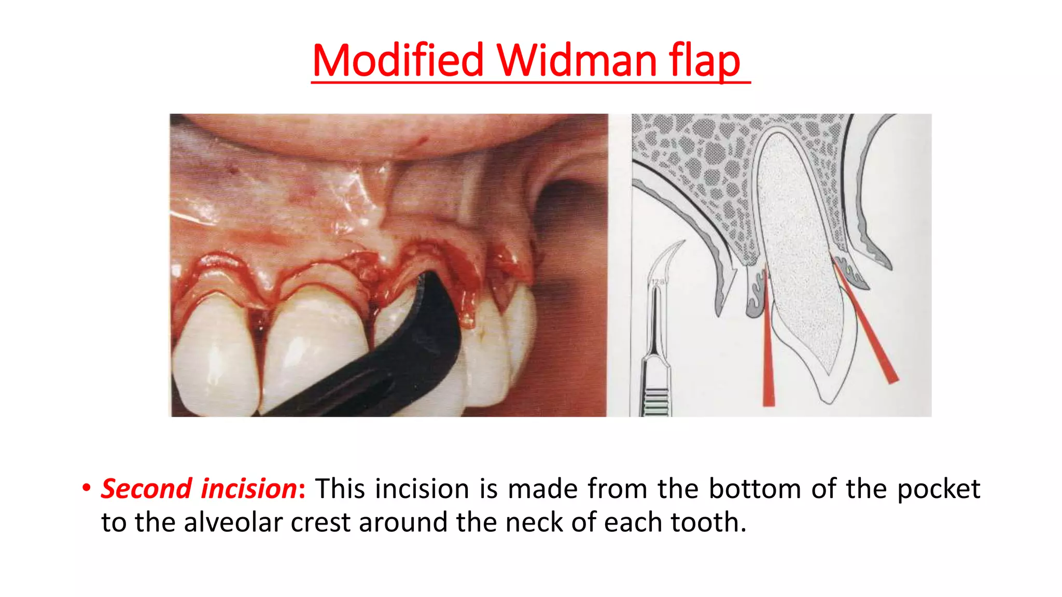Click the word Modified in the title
click(398, 61)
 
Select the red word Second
click(147, 489)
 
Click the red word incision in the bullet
click(249, 489)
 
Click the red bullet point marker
click(86, 488)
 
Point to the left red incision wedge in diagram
click(768, 358)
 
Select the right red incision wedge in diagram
click(871, 337)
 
